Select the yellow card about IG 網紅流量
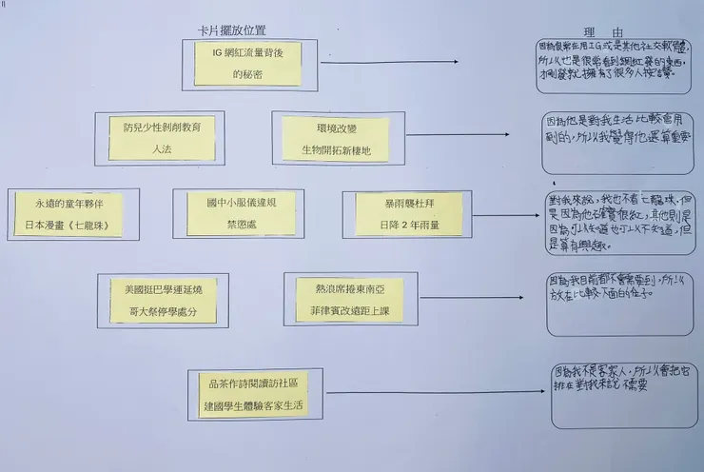point(251,62)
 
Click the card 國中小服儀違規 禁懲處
point(238,213)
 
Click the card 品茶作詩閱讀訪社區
point(255,394)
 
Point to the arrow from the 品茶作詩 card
point(428,392)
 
